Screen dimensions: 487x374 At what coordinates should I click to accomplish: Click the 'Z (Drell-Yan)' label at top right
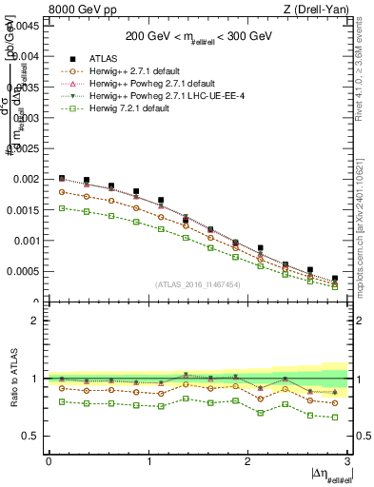tap(322, 10)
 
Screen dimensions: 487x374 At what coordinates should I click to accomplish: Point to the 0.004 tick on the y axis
tap(27, 56)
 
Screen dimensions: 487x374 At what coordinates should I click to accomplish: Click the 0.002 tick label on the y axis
tap(27, 179)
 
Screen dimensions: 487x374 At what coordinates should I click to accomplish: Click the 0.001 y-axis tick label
tap(27, 241)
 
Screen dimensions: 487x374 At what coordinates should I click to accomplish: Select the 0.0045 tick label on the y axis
tap(24, 26)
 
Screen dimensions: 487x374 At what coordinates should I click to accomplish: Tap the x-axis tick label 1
tap(148, 461)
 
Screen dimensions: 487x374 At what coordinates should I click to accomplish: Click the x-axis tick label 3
tap(348, 461)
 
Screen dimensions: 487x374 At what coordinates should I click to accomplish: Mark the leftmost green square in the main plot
tap(62, 207)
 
